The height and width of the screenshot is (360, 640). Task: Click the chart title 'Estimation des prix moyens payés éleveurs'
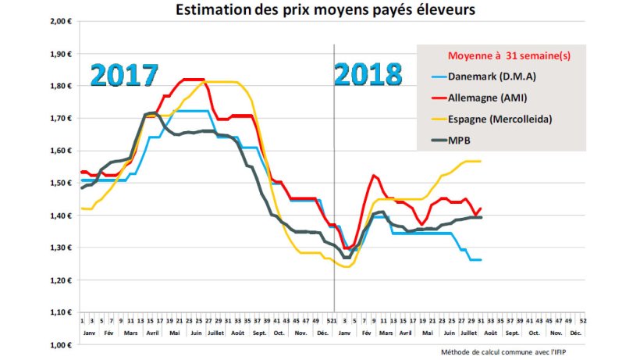pyautogui.click(x=320, y=10)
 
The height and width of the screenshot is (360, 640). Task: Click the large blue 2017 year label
pyautogui.click(x=124, y=74)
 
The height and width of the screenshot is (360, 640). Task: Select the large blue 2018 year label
pyautogui.click(x=368, y=74)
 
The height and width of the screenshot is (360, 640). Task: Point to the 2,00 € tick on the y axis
pyautogui.click(x=61, y=21)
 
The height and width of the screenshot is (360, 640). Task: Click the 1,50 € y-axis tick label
pyautogui.click(x=61, y=183)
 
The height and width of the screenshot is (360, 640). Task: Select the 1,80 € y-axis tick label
pyautogui.click(x=61, y=86)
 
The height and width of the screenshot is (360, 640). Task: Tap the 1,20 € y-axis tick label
pyautogui.click(x=61, y=280)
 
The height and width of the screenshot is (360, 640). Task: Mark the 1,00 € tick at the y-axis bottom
pyautogui.click(x=61, y=344)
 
